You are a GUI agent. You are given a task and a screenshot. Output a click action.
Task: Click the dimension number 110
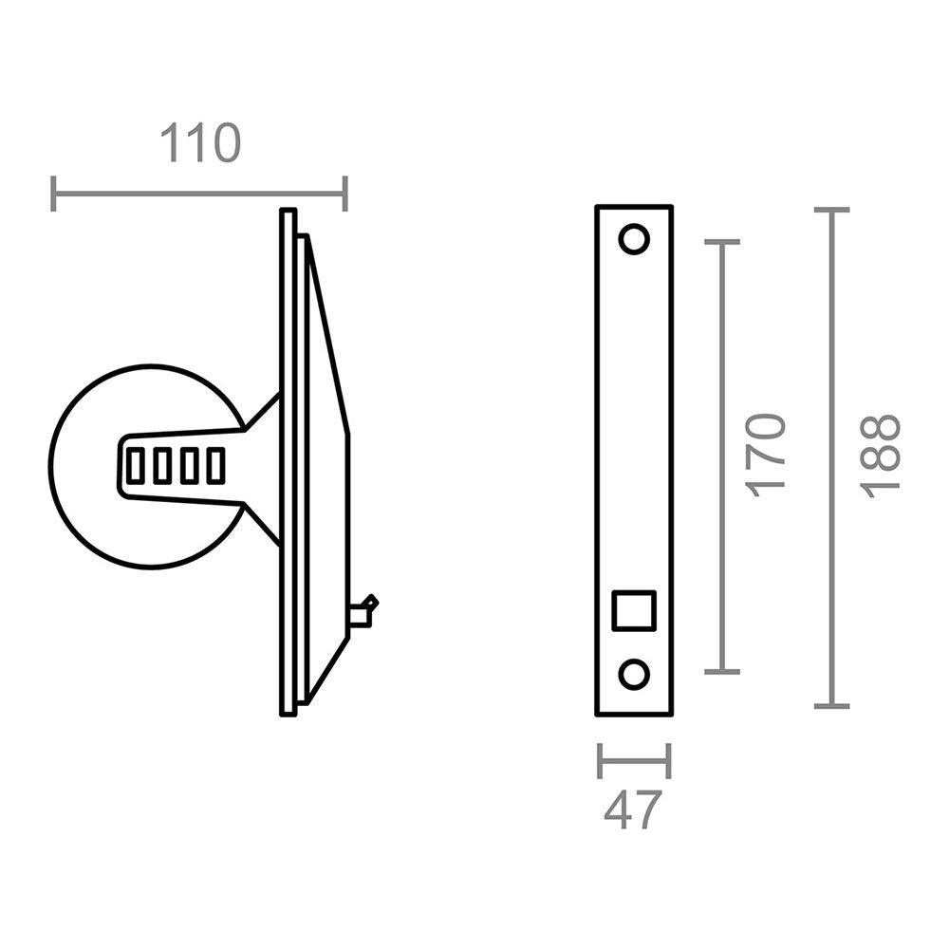click(x=200, y=144)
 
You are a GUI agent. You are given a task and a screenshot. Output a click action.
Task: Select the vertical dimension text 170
click(x=767, y=454)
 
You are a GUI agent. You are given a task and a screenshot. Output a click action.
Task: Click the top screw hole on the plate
click(x=634, y=238)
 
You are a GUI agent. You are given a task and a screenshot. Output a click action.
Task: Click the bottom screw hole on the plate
click(x=634, y=675)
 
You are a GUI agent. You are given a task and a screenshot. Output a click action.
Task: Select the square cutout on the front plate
click(x=634, y=609)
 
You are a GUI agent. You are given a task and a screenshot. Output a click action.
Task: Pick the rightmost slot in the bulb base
click(x=216, y=466)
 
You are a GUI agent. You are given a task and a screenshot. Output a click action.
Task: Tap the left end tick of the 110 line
click(x=54, y=194)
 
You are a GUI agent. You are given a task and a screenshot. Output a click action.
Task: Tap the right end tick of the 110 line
click(x=344, y=194)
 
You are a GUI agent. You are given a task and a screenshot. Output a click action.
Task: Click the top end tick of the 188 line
click(x=831, y=210)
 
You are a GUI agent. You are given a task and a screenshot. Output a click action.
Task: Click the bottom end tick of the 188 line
click(x=831, y=706)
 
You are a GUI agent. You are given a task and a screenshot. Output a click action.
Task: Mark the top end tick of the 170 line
click(x=722, y=243)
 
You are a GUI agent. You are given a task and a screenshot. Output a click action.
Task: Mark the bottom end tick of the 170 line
click(x=722, y=671)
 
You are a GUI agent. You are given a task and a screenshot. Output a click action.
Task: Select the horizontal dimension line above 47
click(x=634, y=760)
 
